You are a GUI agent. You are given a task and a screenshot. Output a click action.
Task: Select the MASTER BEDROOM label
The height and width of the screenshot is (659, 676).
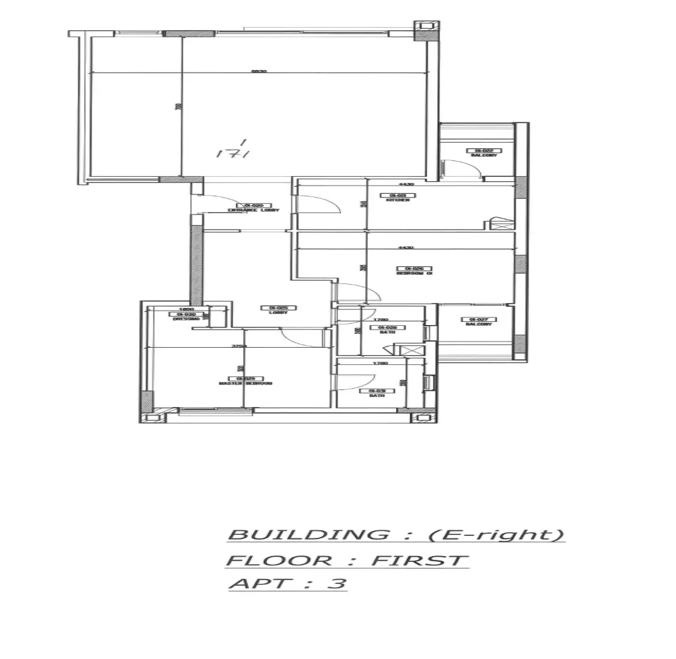(x=245, y=383)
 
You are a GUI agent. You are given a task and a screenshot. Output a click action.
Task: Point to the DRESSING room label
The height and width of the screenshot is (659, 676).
(x=185, y=319)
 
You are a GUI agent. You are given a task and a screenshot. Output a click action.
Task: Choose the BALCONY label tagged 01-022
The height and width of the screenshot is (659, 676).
(x=483, y=155)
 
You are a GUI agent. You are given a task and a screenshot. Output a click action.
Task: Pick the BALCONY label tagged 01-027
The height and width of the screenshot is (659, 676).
(x=478, y=324)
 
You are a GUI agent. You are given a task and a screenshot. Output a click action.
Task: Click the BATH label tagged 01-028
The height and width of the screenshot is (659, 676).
(x=387, y=332)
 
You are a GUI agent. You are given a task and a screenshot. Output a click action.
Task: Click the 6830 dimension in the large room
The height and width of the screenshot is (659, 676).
(x=258, y=71)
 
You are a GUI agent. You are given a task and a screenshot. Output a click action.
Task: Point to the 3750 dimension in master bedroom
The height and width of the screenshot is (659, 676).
(x=238, y=346)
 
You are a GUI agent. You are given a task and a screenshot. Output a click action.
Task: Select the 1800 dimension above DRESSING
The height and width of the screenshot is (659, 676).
(x=186, y=309)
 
